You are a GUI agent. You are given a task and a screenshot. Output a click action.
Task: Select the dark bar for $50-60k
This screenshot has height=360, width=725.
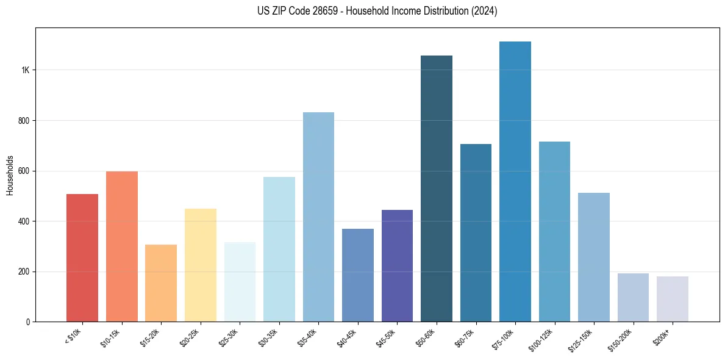pos(436,189)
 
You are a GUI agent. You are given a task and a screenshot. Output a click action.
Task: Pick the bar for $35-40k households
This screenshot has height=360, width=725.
pos(318,217)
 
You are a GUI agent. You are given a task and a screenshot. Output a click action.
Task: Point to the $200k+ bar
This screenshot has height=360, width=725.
pos(672,299)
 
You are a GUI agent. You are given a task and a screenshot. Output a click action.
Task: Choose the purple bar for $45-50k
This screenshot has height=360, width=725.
pos(397,265)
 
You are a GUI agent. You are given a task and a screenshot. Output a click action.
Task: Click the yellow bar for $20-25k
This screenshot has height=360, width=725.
pos(200,265)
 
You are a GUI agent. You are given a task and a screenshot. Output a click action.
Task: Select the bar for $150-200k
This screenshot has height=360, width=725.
pos(633,297)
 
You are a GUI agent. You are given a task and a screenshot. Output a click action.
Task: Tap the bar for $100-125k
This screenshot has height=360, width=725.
pos(554,232)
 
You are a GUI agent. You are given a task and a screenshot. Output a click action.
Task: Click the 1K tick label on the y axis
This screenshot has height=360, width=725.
pos(25,70)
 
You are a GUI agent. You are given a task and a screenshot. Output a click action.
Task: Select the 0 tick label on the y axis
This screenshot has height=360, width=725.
pos(27,322)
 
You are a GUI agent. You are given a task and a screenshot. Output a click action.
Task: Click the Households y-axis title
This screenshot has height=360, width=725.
pos(10,175)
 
